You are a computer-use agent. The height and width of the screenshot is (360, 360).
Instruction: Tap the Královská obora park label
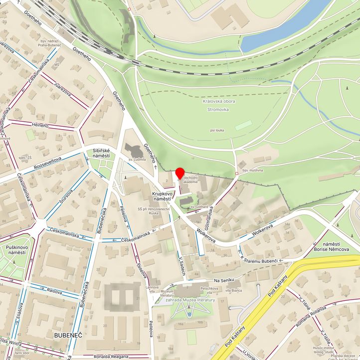click(219, 102)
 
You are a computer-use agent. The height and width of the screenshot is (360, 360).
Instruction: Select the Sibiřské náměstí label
click(101, 153)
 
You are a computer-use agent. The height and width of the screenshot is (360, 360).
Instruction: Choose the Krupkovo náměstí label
click(163, 196)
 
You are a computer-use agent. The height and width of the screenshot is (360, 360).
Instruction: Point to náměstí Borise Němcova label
click(331, 245)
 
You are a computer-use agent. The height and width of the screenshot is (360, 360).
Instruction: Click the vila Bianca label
click(233, 290)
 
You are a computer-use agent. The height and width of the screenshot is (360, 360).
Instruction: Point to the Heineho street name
click(40, 126)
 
